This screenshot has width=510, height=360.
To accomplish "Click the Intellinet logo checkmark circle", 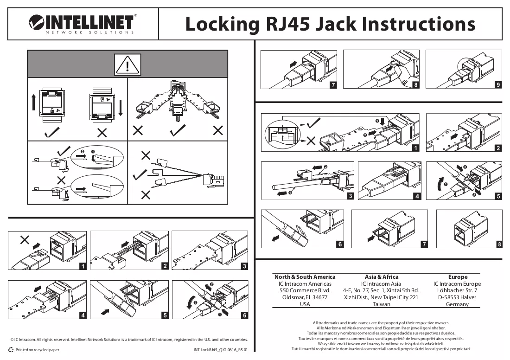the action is coord(36,22).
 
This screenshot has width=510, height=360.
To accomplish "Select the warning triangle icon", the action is coord(127,64).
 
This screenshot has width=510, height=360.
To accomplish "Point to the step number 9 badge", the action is coord(498,84).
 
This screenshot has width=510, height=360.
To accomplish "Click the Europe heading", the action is coord(458,277).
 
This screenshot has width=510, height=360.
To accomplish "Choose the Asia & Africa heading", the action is coord(381,277).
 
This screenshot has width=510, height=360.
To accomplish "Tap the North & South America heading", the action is coord(305,277).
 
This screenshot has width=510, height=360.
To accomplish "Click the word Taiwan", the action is coord(381,304).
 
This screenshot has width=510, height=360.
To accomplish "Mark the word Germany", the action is coord(457,304).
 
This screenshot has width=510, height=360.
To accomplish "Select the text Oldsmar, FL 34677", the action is coord(305,297).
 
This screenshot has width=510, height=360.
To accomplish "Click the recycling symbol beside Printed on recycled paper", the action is coord(11,350).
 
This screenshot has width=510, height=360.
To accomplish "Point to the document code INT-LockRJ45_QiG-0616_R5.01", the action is coord(221,350).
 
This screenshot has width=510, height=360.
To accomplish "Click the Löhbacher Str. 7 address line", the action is coord(457,290).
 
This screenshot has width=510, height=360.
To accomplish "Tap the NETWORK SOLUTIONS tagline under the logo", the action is coord(89,32).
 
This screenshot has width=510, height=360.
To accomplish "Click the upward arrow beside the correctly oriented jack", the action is coord(33,102).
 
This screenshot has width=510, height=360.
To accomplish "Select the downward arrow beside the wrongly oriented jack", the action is coord(121,108).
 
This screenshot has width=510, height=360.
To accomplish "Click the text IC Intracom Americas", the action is coord(305,284).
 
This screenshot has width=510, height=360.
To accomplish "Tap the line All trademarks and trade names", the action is coord(381,323).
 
